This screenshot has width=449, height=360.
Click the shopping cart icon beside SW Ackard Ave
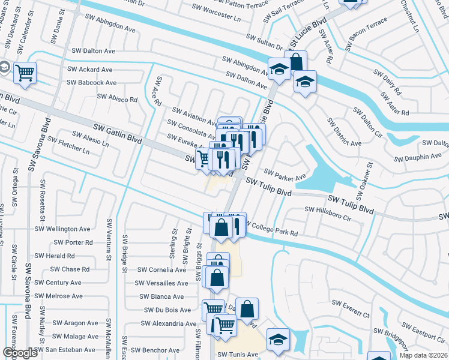tap(25, 73)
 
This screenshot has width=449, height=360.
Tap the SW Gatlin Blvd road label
tap(118, 133)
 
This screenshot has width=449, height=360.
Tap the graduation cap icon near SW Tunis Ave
tap(278, 338)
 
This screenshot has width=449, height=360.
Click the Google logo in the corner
tap(20, 353)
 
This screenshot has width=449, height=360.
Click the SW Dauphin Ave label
tap(418, 157)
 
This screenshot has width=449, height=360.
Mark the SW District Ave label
tap(344, 131)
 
